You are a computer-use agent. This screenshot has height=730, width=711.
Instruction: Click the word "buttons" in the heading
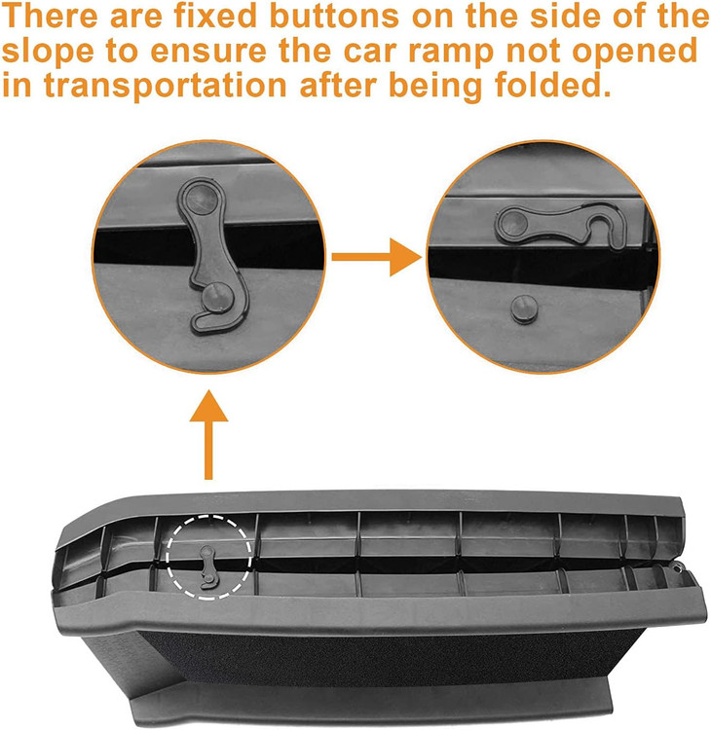(334, 16)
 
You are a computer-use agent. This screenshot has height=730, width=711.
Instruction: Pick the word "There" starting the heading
(51, 16)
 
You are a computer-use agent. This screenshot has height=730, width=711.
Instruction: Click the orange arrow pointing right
(377, 257)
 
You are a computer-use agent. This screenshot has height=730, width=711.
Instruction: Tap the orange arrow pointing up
(208, 435)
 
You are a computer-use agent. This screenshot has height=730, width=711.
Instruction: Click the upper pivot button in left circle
(202, 199)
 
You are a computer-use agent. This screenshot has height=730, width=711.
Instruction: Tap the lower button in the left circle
(216, 297)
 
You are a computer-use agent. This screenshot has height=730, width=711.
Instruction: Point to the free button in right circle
(525, 308)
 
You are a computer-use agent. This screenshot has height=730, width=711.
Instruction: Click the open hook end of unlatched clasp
(605, 225)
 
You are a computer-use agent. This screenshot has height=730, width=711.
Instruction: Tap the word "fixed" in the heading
(215, 16)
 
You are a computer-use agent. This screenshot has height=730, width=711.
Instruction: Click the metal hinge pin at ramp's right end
(678, 566)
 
